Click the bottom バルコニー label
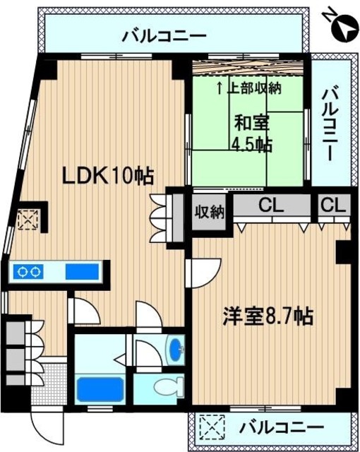tap(280, 427)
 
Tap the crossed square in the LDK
tap(30, 220)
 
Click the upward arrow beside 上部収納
tap(220, 88)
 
